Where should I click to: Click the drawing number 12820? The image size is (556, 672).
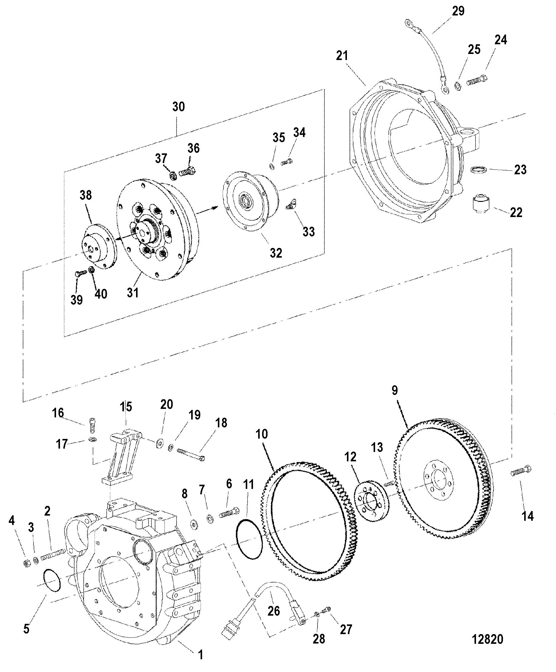point(488,639)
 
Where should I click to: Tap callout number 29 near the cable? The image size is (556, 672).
point(458,11)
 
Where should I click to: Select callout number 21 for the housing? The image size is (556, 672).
point(342,56)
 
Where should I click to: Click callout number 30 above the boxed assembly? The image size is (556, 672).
point(178,107)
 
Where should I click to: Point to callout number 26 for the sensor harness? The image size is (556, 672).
point(274,610)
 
